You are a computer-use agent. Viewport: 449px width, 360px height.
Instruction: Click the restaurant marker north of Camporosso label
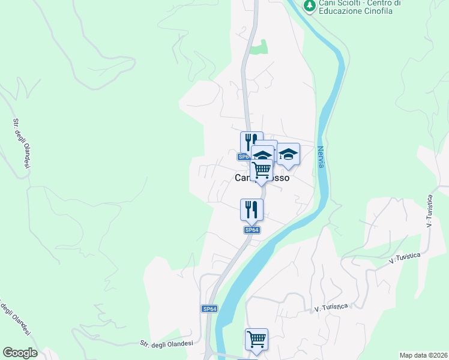pyautogui.click(x=252, y=143)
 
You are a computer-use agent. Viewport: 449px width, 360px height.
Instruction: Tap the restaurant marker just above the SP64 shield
pyautogui.click(x=252, y=209)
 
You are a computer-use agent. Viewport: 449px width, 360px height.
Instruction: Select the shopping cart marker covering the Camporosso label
pyautogui.click(x=262, y=171)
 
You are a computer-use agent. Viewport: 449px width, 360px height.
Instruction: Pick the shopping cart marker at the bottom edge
pyautogui.click(x=256, y=340)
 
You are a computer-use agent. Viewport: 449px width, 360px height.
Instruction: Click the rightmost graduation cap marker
pyautogui.click(x=288, y=154)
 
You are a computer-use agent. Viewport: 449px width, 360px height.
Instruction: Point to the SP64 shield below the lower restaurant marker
pyautogui.click(x=252, y=230)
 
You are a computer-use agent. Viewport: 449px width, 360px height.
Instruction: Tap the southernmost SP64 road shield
pyautogui.click(x=209, y=308)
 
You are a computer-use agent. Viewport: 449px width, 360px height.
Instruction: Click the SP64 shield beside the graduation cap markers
pyautogui.click(x=243, y=157)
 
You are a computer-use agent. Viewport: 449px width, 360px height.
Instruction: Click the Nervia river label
pyautogui.click(x=321, y=157)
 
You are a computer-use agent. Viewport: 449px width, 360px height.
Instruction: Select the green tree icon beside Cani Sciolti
pyautogui.click(x=310, y=5)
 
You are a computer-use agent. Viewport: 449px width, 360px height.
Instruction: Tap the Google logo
pyautogui.click(x=20, y=353)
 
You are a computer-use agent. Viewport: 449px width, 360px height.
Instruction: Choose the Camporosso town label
pyautogui.click(x=262, y=178)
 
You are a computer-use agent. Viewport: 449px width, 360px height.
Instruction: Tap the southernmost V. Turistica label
pyautogui.click(x=331, y=308)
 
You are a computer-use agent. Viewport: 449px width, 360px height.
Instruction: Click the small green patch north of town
pyautogui.click(x=258, y=47)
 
